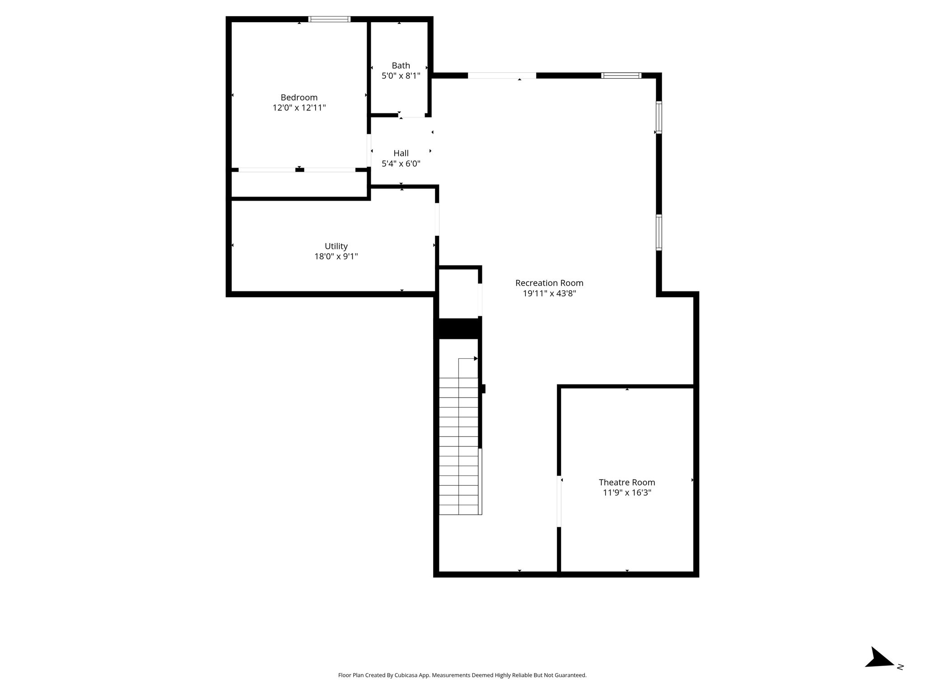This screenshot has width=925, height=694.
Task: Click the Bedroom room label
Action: pos(299,98)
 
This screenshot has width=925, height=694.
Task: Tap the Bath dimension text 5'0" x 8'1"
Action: pos(401,76)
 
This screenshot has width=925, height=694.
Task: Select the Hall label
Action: pos(401,153)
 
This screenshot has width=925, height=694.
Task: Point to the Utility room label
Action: pos(336,246)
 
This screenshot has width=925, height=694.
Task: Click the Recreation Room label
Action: pos(549,283)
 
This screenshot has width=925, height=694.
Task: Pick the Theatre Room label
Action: pos(627,482)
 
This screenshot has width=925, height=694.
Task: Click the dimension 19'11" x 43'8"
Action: pos(549,293)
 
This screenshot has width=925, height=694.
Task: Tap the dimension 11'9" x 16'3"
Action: pos(627,492)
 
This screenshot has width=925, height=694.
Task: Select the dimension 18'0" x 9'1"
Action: pos(336,257)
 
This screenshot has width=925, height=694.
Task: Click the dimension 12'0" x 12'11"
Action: pos(299,108)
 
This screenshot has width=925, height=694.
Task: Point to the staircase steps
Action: pos(459,446)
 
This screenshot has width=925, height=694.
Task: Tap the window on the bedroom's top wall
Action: pos(329,19)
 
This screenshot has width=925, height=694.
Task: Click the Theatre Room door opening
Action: pos(559,502)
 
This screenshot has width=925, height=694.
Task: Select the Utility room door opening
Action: pos(437,219)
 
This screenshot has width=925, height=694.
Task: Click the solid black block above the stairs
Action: pos(458,328)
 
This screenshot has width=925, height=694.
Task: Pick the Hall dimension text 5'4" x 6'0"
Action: pos(401,164)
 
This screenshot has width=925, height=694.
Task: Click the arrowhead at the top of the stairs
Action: pos(476,359)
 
